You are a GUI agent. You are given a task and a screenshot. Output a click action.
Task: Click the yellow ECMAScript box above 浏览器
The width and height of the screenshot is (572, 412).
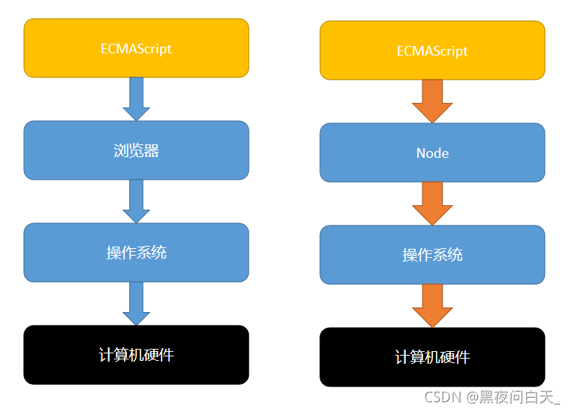136,48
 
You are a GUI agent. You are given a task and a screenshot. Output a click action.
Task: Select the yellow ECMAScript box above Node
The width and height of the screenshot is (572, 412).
432,50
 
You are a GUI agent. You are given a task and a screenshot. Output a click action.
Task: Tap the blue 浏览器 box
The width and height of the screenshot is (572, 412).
136,150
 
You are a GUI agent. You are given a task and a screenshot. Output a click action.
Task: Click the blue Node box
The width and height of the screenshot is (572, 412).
432,153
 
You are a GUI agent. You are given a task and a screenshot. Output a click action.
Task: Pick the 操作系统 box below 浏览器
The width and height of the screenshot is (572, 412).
136,253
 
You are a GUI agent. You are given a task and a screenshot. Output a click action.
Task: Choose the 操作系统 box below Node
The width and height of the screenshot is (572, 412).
432,255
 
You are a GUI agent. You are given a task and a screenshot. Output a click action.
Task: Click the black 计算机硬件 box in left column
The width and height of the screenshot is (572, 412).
136,355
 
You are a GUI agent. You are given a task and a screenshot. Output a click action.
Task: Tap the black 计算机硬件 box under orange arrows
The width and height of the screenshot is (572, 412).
432,357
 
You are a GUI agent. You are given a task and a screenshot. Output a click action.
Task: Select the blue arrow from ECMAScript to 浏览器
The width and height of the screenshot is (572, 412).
136,98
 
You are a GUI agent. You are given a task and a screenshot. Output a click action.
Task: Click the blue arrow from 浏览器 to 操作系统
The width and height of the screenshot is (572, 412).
136,201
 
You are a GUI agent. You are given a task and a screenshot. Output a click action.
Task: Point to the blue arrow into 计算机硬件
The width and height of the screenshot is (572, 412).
136,303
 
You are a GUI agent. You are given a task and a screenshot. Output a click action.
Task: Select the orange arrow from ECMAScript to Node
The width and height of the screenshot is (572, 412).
432,101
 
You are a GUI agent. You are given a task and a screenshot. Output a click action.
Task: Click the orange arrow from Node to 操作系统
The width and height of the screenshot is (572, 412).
432,203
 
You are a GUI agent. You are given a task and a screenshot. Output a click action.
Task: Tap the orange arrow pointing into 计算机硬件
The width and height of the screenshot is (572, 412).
432,305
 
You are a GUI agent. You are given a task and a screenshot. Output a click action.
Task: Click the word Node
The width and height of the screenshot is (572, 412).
432,153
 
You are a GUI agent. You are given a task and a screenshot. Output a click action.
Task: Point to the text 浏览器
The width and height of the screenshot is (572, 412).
136,151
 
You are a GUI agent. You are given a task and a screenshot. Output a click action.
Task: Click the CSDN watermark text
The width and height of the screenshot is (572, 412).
442,397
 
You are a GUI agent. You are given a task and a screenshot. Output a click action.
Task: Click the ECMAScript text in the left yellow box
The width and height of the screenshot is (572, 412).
136,49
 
